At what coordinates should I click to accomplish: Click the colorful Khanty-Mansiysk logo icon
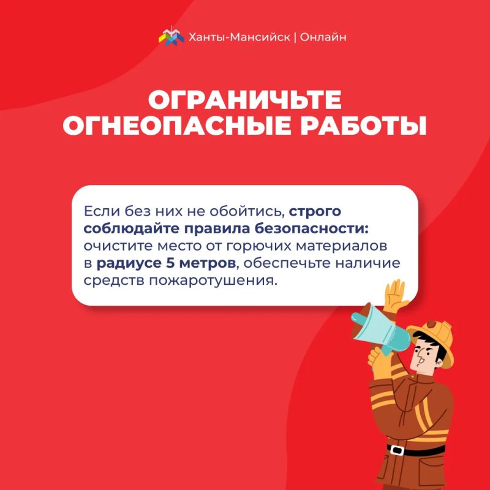(171, 36)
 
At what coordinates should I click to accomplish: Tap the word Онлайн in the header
(323, 37)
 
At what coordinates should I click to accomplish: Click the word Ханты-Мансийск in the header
(239, 37)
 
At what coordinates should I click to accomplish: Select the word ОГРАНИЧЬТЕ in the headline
(244, 100)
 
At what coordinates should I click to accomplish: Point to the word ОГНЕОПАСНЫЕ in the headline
(177, 126)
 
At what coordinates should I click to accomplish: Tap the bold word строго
(315, 212)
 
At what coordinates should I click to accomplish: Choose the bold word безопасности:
(312, 228)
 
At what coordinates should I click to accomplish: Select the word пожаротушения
(213, 281)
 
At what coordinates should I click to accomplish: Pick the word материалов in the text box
(342, 246)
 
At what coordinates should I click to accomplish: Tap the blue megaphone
(380, 330)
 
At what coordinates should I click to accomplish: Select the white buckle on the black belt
(397, 450)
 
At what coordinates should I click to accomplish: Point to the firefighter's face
(423, 356)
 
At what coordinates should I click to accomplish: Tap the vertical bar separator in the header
(295, 37)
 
